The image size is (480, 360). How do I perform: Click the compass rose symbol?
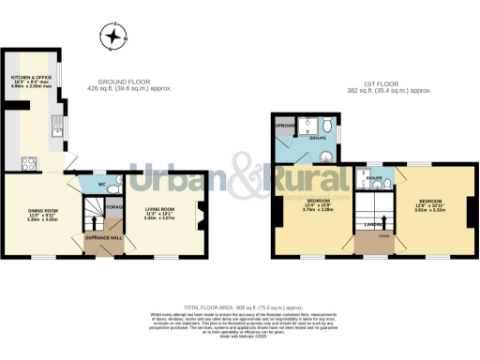pos(114,37)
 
